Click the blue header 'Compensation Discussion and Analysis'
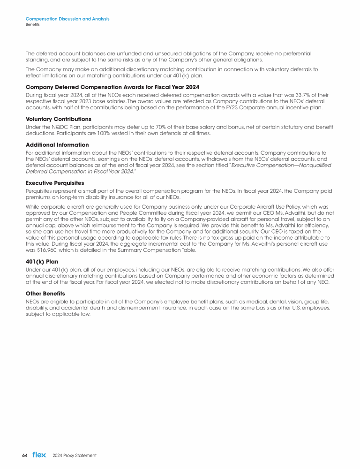(67, 19)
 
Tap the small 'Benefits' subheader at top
(32, 24)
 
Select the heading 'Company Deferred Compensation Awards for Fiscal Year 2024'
(112, 87)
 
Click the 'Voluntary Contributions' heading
(59, 119)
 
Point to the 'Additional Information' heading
(57, 145)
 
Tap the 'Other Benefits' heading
(45, 293)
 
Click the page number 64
(25, 455)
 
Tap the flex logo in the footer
(39, 455)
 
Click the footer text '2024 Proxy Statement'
(75, 455)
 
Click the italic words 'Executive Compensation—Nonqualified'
(282, 166)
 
